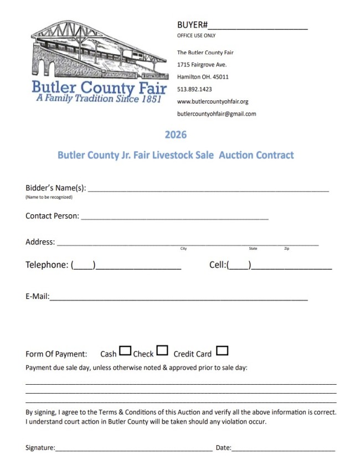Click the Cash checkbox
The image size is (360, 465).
(126, 351)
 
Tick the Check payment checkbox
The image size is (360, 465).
(162, 350)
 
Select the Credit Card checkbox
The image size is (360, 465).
(222, 351)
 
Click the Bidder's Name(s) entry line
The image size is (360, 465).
(208, 190)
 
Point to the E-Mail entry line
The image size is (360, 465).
(178, 299)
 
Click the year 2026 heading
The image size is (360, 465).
(176, 135)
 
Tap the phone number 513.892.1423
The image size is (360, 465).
(194, 89)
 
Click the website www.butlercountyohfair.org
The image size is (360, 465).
(213, 102)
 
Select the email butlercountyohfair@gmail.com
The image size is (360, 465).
(217, 114)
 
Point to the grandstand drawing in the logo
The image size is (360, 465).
(100, 50)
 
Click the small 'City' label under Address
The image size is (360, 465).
(183, 249)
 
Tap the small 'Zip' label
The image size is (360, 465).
(286, 249)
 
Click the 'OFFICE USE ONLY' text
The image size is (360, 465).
(196, 36)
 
